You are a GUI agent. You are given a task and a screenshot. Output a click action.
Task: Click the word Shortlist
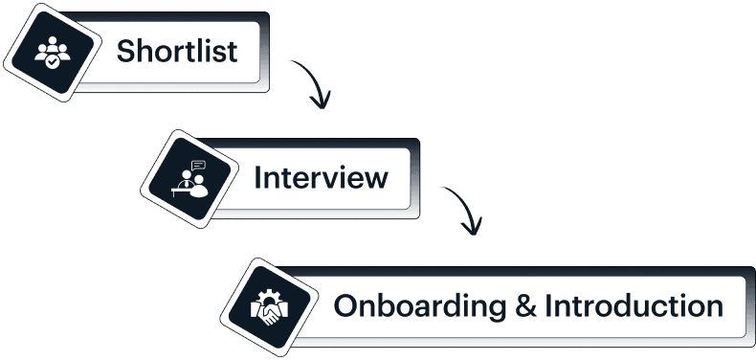pos(177,51)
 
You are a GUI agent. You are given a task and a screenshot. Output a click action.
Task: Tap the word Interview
pos(321,178)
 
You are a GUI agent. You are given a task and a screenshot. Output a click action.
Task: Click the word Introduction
pos(634,307)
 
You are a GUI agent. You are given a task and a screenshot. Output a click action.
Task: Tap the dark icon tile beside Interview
pos(187,178)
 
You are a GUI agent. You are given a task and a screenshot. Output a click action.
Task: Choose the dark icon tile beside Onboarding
pos(267,307)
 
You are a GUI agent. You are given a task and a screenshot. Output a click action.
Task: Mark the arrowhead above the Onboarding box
pos(470,227)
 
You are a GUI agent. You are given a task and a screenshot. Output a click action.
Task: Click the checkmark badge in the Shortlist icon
pos(50,61)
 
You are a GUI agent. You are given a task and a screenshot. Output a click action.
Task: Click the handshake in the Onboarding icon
pos(267,313)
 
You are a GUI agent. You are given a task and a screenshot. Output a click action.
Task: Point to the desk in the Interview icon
pos(179,188)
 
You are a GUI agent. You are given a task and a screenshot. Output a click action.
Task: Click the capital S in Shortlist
pos(126,51)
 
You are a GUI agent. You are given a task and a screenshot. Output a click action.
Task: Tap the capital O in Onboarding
pos(345,307)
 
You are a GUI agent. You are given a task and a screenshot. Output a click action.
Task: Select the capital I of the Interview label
pos(257,178)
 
